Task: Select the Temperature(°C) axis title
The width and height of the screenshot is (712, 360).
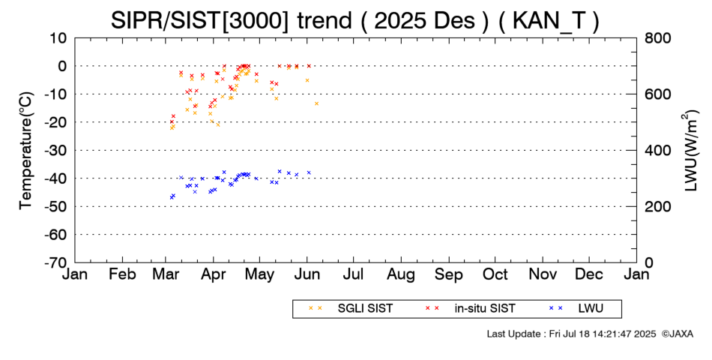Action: pos(25,150)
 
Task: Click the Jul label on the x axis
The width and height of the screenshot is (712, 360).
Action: pos(355,274)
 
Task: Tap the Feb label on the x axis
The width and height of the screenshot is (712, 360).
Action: pos(122,274)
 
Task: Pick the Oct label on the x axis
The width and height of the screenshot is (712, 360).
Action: pos(495,274)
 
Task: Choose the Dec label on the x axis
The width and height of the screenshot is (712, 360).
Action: pos(589,274)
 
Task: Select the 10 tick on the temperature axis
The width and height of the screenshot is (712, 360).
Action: pos(59,37)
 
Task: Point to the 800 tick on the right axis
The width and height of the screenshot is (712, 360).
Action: pos(657,37)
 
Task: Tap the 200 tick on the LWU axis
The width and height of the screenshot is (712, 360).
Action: pos(657,206)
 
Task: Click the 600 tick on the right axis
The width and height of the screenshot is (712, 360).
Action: pos(657,94)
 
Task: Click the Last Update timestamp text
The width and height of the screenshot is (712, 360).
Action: pos(570,334)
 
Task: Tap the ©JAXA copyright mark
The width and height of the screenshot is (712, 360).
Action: pos(677,334)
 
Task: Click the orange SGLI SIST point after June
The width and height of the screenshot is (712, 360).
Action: pos(316,103)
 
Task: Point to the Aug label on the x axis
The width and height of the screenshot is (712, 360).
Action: pos(402,274)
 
